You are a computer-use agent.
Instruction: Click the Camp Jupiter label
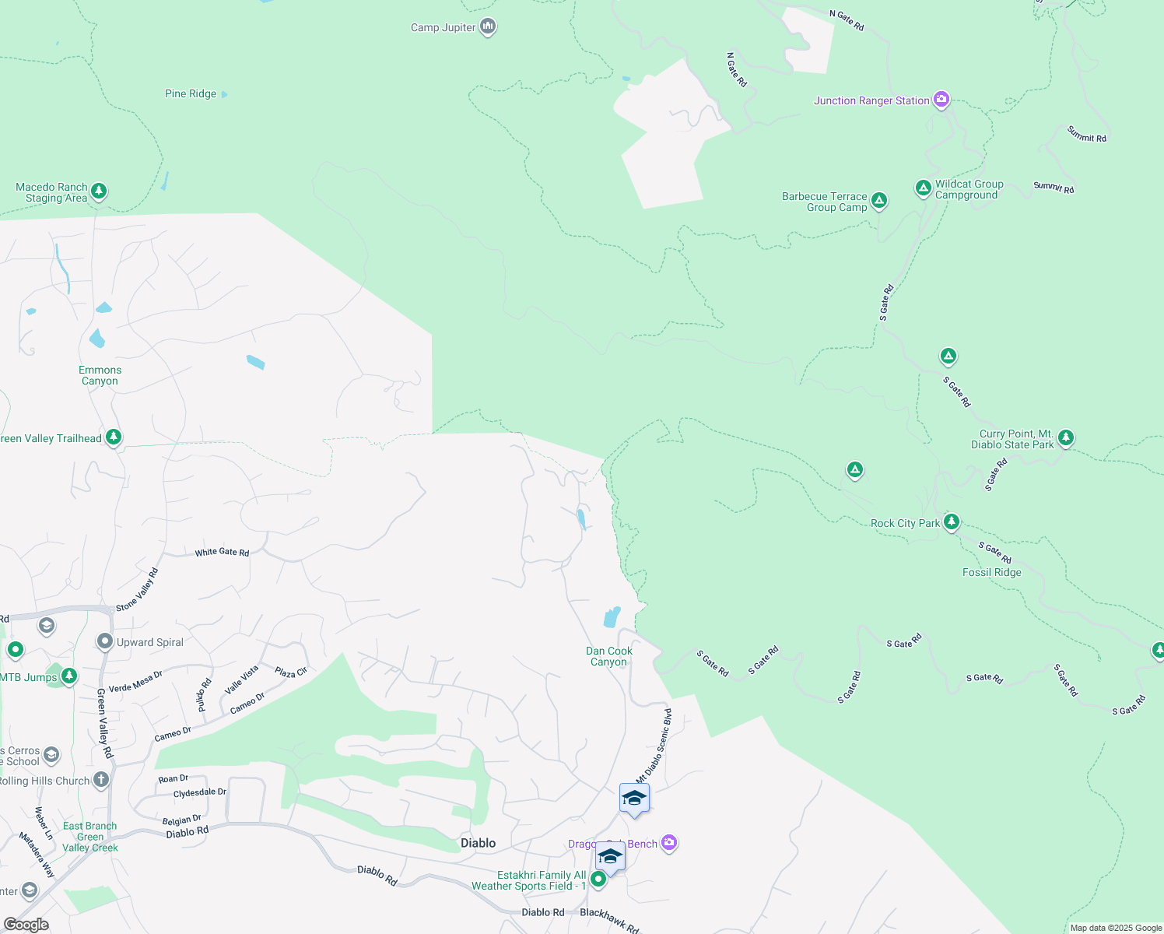(443, 28)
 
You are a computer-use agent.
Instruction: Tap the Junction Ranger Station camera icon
(941, 100)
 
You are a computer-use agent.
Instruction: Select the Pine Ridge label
(191, 94)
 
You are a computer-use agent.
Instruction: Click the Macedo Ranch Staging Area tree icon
(98, 191)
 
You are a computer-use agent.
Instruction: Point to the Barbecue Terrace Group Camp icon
(878, 201)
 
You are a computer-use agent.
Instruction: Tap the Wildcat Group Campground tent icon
(923, 188)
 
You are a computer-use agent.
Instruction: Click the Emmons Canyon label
(100, 376)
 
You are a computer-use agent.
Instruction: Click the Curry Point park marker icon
(1066, 437)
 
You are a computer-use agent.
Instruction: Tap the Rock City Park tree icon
(951, 521)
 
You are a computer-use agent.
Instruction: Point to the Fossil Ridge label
(991, 573)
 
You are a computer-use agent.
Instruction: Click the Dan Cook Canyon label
(608, 657)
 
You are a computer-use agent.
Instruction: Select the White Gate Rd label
(222, 553)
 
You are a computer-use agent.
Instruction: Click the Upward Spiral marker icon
(105, 641)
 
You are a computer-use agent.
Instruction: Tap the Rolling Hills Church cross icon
(101, 779)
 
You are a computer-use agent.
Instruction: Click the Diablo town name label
(478, 843)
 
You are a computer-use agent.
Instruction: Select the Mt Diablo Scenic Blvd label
(654, 746)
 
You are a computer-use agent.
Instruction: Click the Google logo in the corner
(26, 925)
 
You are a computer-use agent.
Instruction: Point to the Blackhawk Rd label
(609, 920)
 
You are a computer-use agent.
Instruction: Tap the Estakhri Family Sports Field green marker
(598, 880)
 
